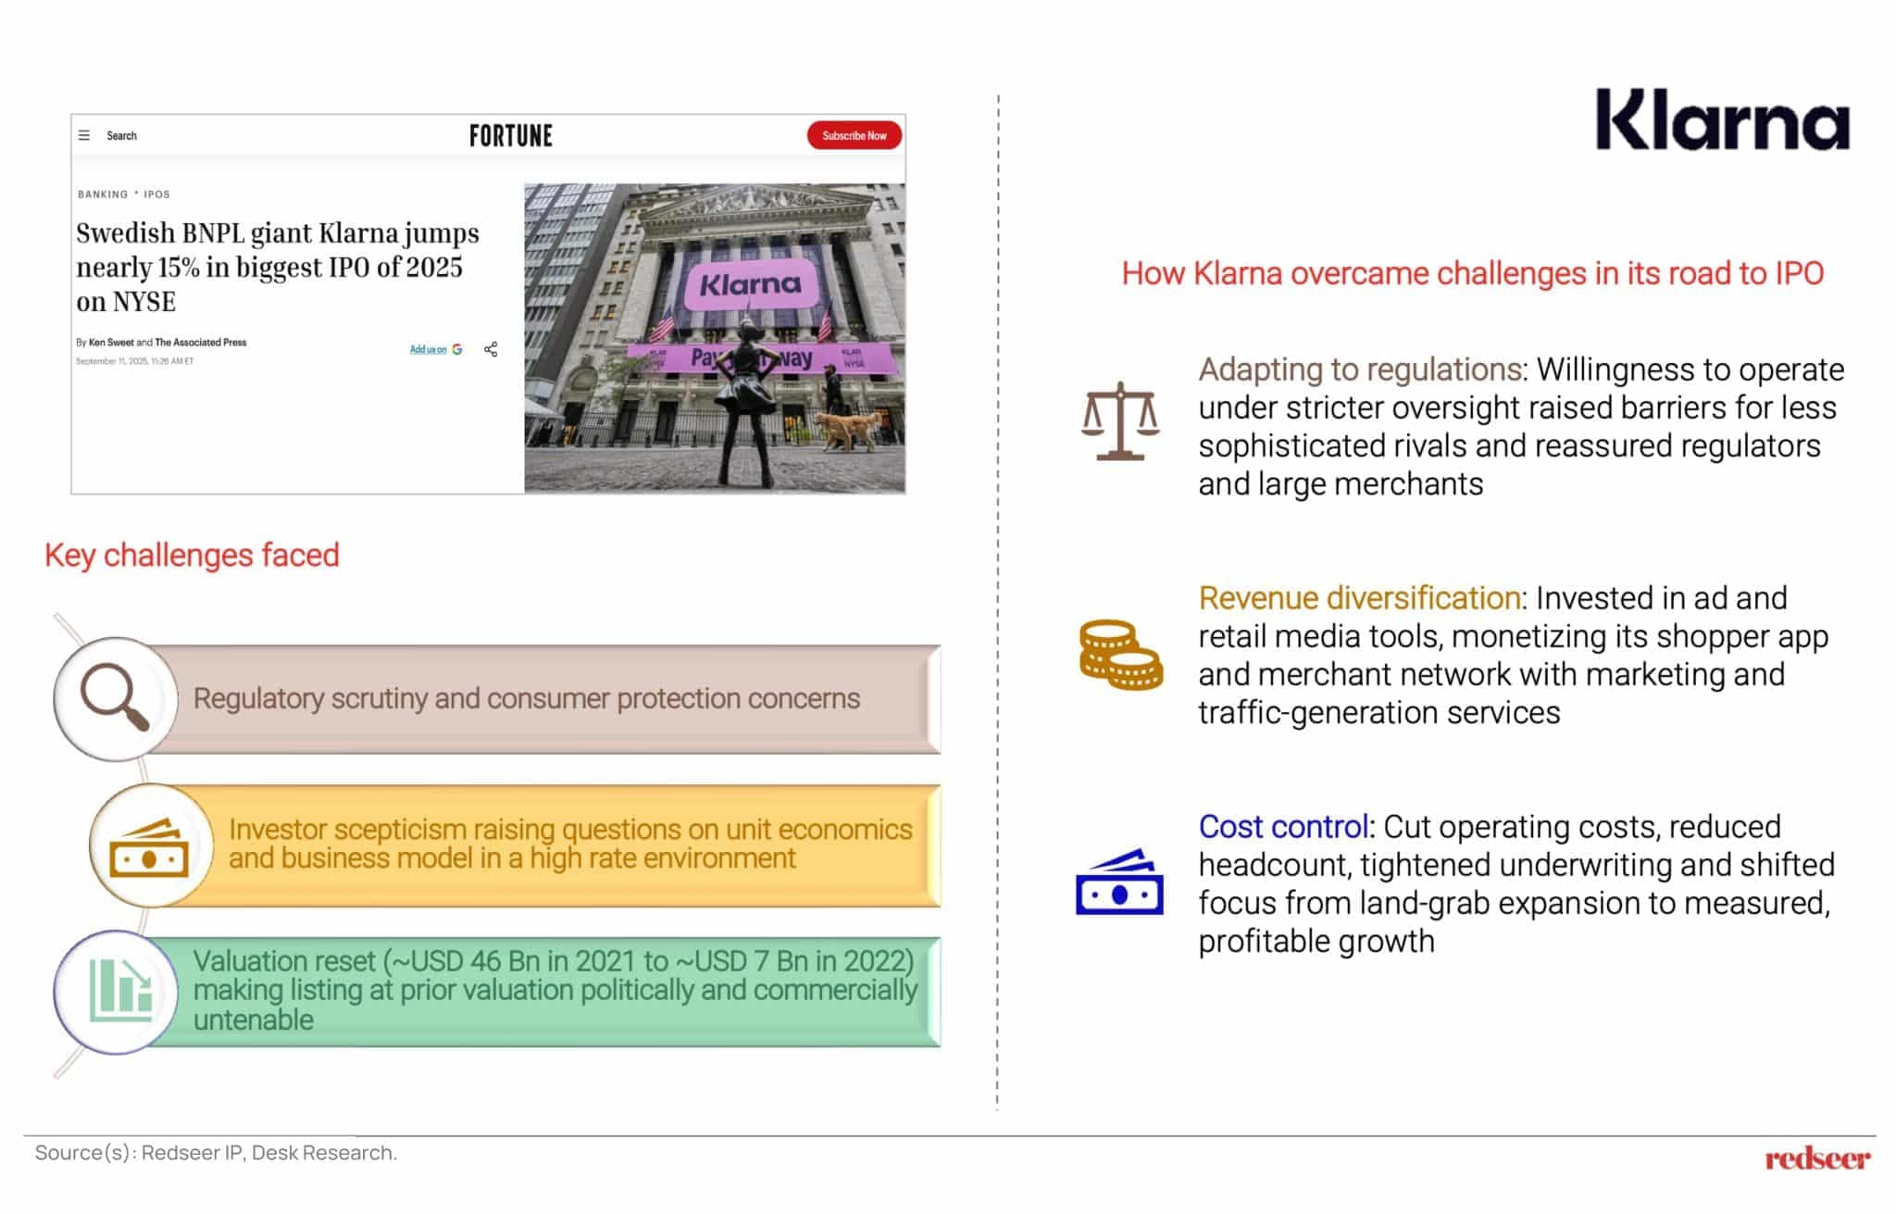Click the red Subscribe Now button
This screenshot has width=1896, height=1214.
coord(854,135)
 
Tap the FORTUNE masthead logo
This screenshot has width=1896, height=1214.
coord(510,136)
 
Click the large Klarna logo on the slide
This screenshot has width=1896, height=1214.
coord(1722,120)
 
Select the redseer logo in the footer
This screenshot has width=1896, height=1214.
coord(1816,1158)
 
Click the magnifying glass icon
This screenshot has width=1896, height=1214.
coord(115,698)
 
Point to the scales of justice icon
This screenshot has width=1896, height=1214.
coord(1119,421)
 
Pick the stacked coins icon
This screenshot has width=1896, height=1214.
coord(1120,655)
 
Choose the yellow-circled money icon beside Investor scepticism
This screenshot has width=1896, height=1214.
coord(149,847)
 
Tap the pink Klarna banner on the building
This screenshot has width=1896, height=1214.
coord(750,283)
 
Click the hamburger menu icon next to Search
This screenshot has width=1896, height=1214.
coord(84,135)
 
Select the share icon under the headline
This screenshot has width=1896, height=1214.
coord(491,349)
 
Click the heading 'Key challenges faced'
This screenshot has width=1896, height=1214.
coord(192,555)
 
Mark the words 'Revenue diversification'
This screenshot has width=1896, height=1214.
coord(1359,598)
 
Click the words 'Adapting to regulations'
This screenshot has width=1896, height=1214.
coord(1360,369)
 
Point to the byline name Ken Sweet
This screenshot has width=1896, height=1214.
coord(111,343)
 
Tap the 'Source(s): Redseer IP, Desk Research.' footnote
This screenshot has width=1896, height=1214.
coord(216,1153)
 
